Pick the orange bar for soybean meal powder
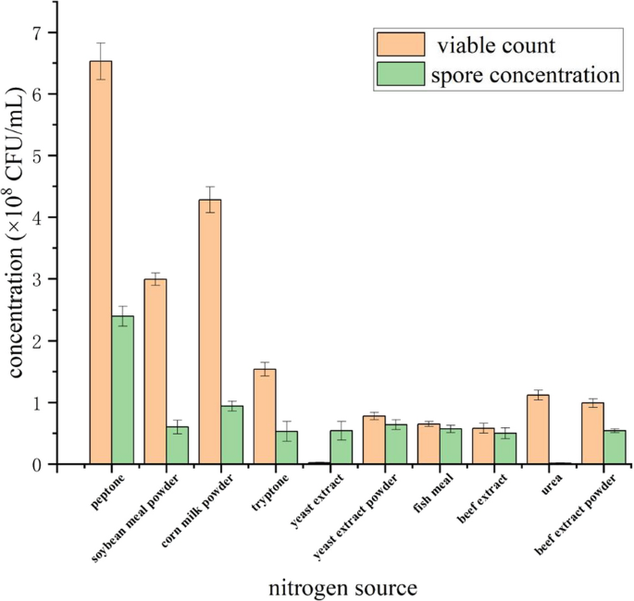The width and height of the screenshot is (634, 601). (x=155, y=371)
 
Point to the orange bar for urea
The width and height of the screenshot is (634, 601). (x=537, y=429)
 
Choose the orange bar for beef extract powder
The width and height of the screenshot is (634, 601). (x=591, y=434)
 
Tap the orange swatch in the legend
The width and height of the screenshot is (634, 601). (x=400, y=43)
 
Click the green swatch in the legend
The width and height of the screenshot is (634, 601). (x=400, y=75)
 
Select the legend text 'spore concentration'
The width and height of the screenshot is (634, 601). (x=524, y=76)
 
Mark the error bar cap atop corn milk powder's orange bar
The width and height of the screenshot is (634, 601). (x=209, y=187)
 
